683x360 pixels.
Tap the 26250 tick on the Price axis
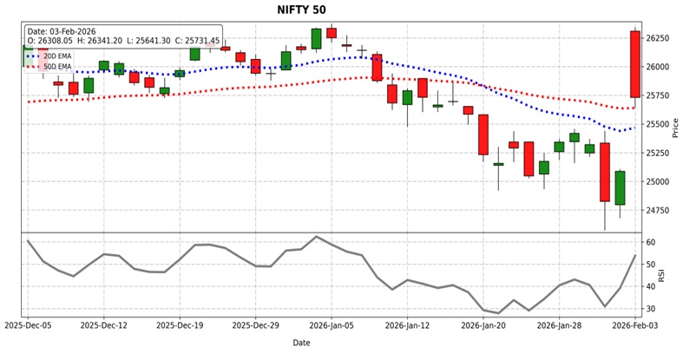(658, 39)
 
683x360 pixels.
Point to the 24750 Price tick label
(658, 211)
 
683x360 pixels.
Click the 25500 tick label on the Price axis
(658, 125)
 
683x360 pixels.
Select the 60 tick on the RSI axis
(650, 243)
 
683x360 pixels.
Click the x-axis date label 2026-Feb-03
(634, 326)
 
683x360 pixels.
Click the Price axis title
(675, 128)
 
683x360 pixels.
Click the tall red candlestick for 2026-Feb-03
(634, 64)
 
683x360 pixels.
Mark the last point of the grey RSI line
(634, 256)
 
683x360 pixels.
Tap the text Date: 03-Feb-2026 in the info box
(62, 31)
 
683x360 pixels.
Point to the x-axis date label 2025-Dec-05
(28, 326)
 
